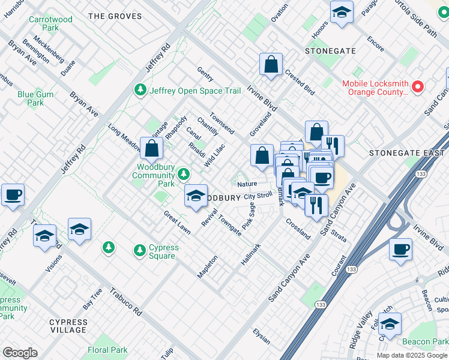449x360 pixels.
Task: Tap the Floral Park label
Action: [107, 350]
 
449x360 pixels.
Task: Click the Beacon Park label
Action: [426, 341]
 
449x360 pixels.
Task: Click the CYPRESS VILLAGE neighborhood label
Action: [68, 326]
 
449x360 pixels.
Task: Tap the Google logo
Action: [20, 353]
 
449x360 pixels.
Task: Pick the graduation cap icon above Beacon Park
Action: [390, 324]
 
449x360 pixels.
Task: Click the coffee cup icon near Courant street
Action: [400, 249]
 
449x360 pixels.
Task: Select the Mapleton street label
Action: [208, 266]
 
